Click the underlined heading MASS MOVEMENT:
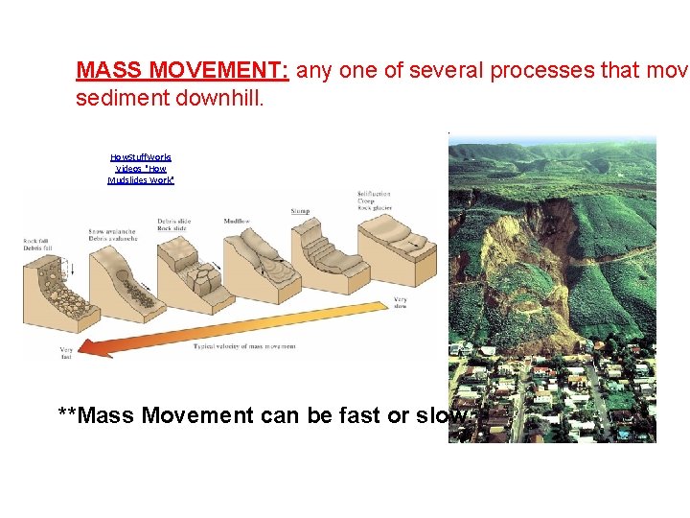[184, 70]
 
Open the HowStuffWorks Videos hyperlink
[141, 168]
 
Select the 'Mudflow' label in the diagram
[237, 221]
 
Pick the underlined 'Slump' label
[299, 210]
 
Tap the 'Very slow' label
[401, 303]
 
